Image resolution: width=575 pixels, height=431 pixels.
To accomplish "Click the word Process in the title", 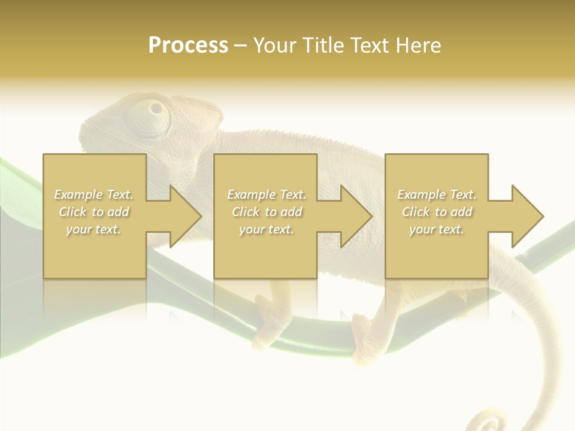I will (x=188, y=45).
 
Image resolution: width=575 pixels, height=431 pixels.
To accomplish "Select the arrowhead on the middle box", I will (x=353, y=216).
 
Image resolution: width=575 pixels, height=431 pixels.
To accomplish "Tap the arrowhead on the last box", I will (x=524, y=216).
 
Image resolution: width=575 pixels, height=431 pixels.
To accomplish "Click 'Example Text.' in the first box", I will (x=94, y=195).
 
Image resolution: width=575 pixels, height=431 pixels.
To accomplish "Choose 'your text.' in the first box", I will (x=94, y=229).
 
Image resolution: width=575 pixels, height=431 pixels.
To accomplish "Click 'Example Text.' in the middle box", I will (x=267, y=195).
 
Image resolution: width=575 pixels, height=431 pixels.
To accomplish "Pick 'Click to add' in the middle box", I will (x=267, y=212).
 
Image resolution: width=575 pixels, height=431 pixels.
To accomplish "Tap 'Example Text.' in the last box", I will (x=437, y=195).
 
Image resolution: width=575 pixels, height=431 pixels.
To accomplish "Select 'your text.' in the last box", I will (x=437, y=229).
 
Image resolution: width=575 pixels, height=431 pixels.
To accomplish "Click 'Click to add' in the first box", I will (x=94, y=212).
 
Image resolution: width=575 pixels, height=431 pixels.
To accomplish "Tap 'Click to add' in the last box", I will (x=437, y=212).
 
